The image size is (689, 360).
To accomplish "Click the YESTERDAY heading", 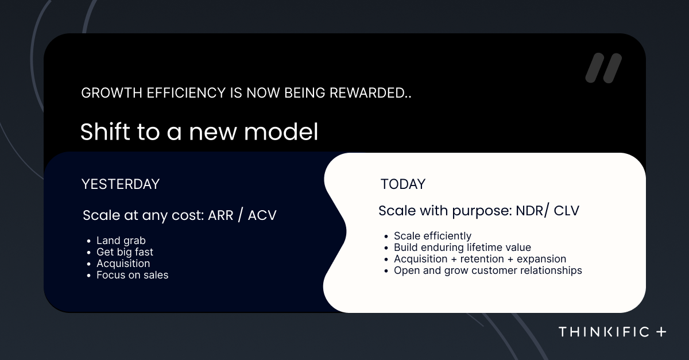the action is click(121, 184).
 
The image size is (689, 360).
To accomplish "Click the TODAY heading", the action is click(403, 184).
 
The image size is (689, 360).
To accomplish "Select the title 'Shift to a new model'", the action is click(199, 131).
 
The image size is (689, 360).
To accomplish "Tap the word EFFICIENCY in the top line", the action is click(186, 93).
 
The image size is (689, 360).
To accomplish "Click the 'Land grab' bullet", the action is click(121, 241).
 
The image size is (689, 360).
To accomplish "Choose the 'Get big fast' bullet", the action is click(125, 252).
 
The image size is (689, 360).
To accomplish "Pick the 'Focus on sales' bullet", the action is click(132, 275).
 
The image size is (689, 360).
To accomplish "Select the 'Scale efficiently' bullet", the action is click(432, 236).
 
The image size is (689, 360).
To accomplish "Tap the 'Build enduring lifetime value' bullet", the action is click(462, 247).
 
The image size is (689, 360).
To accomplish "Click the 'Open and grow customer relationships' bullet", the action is click(488, 270).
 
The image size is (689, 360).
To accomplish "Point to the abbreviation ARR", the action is click(220, 215).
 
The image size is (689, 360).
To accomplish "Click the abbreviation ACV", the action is click(262, 215).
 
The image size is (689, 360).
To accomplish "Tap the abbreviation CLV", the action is click(567, 211).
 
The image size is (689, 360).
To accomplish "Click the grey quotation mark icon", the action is click(603, 68).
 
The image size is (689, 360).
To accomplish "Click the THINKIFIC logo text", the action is click(604, 332).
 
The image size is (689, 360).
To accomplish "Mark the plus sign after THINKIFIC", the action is click(661, 332).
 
